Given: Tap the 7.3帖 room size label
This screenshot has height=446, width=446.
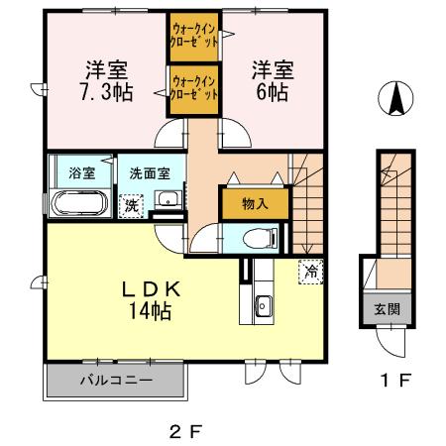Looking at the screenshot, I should click(96, 92).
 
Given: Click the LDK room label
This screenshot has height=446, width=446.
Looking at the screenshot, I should click(151, 290).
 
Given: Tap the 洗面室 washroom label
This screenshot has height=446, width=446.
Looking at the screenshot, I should click(149, 172).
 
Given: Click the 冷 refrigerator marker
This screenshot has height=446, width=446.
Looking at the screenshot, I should click(310, 269).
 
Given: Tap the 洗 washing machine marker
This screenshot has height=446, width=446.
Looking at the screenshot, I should click(130, 205).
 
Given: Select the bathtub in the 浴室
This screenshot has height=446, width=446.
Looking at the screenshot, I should click(77, 206).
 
